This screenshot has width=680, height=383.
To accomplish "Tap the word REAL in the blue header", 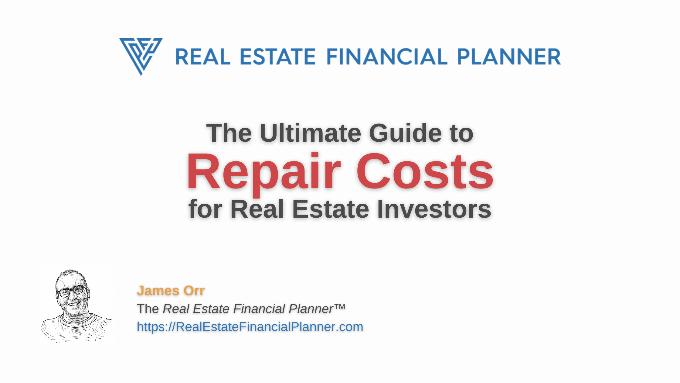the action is [x=203, y=57].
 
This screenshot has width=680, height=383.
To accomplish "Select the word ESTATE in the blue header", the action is [x=278, y=57].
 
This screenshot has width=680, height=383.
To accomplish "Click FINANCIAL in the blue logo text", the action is [x=387, y=57].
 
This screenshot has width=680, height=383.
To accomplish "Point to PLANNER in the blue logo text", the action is [x=509, y=57].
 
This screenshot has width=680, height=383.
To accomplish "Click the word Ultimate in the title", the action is [x=310, y=133].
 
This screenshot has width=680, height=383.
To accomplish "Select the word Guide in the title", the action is [x=406, y=133].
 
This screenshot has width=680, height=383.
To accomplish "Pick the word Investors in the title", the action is [x=434, y=209].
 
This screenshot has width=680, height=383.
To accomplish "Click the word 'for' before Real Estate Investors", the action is [x=205, y=209].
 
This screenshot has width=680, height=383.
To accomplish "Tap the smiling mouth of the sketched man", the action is [x=74, y=303].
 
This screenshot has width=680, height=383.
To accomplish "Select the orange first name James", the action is [x=158, y=291].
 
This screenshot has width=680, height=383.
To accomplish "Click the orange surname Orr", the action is [x=194, y=291].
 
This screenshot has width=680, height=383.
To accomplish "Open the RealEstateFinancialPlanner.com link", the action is [x=250, y=327].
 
